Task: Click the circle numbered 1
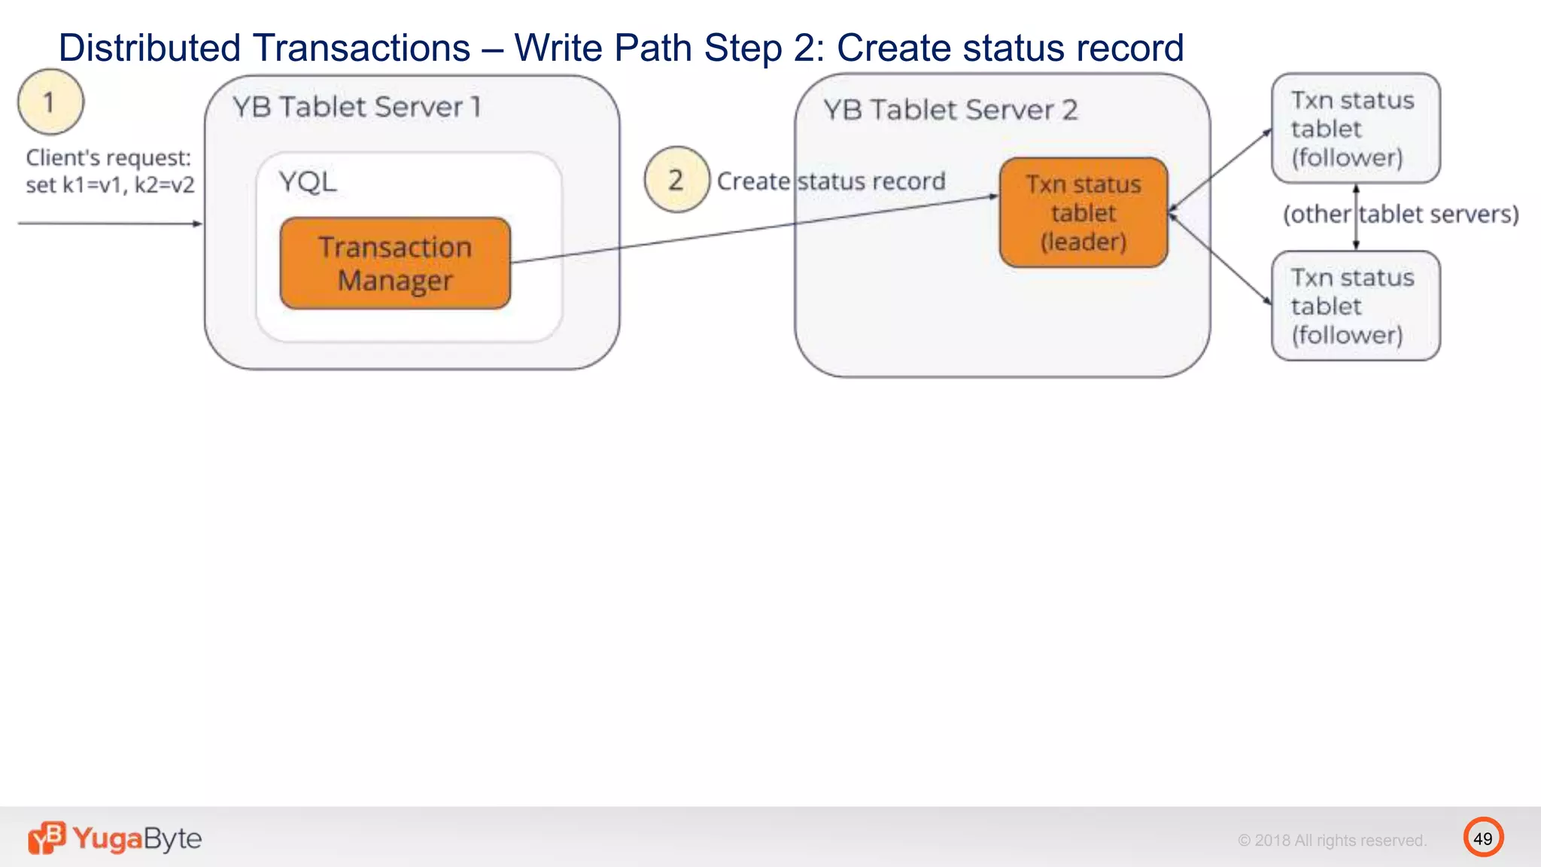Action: (x=50, y=102)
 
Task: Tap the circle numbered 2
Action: (x=676, y=180)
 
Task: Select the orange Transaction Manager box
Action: (x=395, y=263)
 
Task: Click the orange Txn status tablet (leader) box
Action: (x=1084, y=213)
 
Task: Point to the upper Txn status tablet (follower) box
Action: (x=1355, y=129)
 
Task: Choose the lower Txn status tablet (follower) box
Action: (x=1355, y=306)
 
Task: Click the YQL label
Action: (x=308, y=182)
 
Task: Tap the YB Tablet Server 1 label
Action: (x=357, y=107)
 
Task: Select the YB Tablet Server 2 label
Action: (x=950, y=111)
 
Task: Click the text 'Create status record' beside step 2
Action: (x=831, y=181)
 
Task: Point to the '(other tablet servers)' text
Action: (x=1400, y=214)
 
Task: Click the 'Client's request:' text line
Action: (x=108, y=158)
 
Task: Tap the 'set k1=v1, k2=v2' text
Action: (x=110, y=185)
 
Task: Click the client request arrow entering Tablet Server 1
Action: (x=110, y=224)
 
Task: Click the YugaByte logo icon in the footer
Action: (x=47, y=838)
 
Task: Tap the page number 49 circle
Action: (x=1483, y=838)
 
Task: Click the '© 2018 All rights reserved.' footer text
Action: (x=1332, y=841)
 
